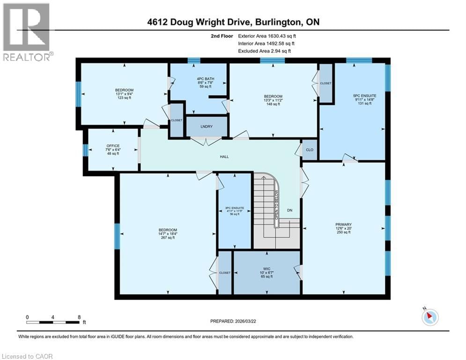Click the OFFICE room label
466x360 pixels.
[x=112, y=146]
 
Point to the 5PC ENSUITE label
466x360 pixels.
[x=364, y=96]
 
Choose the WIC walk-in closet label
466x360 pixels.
[x=267, y=269]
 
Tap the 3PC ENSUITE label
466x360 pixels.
[x=235, y=208]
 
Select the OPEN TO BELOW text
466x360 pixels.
[x=277, y=205]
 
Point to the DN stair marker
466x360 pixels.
[x=290, y=210]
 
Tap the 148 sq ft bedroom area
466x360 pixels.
[x=273, y=104]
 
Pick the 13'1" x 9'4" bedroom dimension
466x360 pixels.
[x=125, y=94]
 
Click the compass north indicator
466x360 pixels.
[x=429, y=317]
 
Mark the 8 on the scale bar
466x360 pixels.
[x=79, y=317]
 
